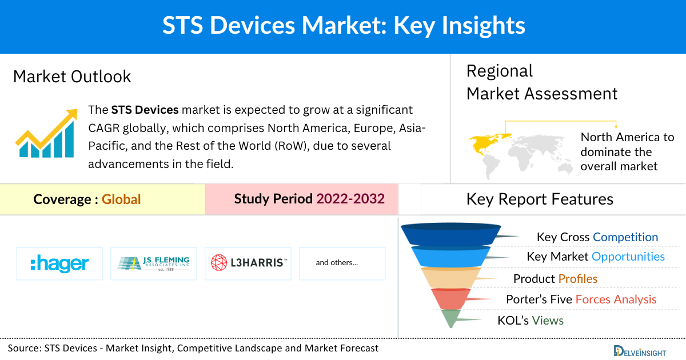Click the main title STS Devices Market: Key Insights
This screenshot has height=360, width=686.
(343, 26)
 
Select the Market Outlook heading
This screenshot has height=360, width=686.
(72, 77)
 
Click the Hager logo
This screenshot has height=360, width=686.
(59, 263)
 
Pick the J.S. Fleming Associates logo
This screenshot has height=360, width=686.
(153, 263)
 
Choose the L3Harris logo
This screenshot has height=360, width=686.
(248, 263)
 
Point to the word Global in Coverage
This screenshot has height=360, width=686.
(121, 199)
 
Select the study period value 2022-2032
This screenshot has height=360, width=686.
(350, 199)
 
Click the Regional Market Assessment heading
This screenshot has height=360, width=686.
(541, 82)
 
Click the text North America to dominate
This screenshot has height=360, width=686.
(627, 151)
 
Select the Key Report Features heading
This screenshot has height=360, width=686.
(540, 199)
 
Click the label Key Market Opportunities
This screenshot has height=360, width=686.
(596, 257)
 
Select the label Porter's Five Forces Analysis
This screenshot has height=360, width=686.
(581, 299)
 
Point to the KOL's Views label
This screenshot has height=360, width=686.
(531, 321)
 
